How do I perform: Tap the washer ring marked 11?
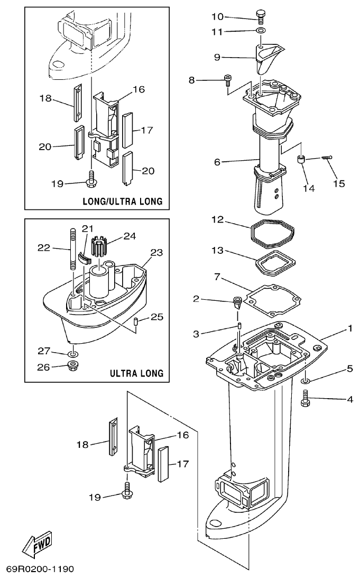[x=260, y=32]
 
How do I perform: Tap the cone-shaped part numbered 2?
[x=238, y=304]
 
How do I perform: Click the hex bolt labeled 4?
[x=304, y=399]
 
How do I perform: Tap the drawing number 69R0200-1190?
[x=40, y=569]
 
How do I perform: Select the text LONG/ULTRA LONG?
[x=122, y=201]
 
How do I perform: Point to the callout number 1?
[x=349, y=328]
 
